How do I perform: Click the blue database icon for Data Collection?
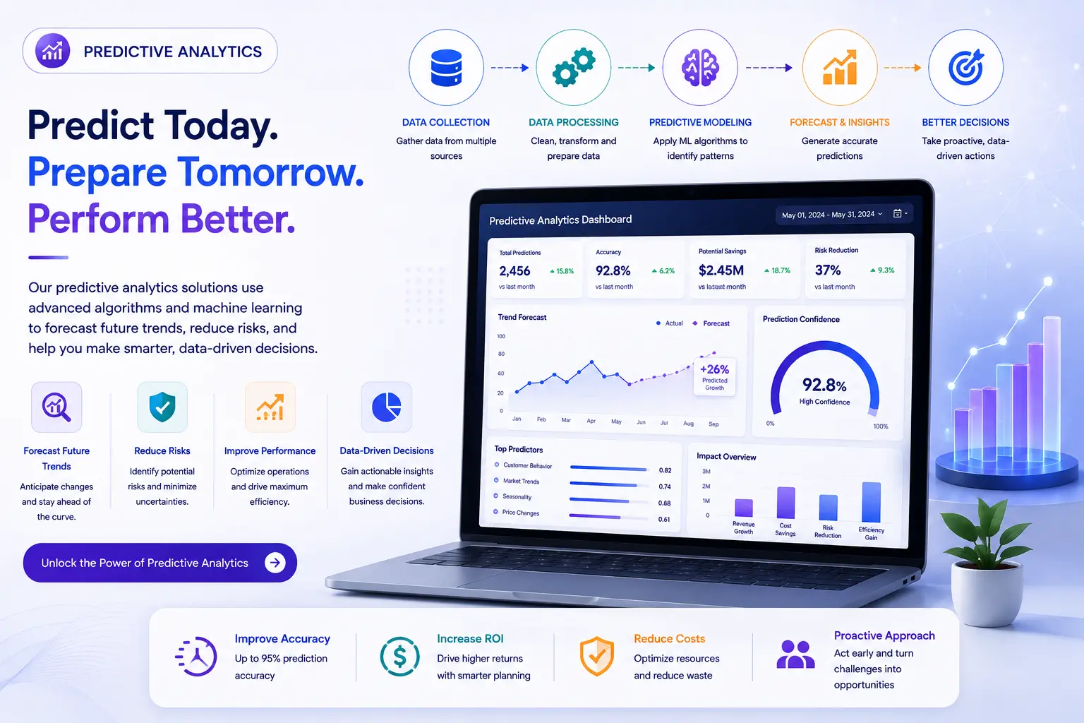(x=446, y=68)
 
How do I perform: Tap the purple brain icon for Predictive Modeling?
(x=700, y=68)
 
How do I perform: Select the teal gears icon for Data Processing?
(x=574, y=67)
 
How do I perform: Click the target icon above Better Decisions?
(x=966, y=67)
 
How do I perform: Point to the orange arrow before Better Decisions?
(x=903, y=68)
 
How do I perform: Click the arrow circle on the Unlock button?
(x=275, y=562)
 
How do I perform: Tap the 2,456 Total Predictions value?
(x=514, y=270)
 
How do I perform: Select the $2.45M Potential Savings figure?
(x=721, y=270)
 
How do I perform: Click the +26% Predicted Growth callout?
(x=714, y=377)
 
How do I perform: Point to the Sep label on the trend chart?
(x=713, y=424)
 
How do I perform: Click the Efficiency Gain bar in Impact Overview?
(x=871, y=502)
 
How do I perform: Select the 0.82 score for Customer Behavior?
(x=665, y=470)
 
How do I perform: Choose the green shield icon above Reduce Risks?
(x=162, y=407)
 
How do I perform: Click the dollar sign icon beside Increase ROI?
(x=399, y=656)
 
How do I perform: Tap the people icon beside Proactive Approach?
(x=795, y=655)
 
